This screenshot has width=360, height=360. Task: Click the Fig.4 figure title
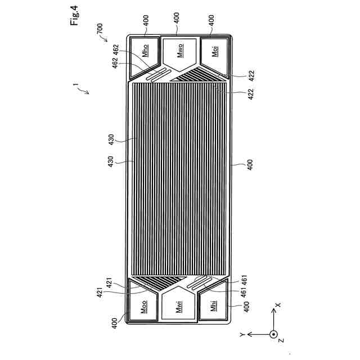[74, 15]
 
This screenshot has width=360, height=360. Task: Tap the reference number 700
[100, 29]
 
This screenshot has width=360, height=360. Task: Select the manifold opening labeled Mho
[145, 57]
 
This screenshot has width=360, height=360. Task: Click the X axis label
[278, 305]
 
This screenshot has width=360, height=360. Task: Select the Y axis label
[242, 335]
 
